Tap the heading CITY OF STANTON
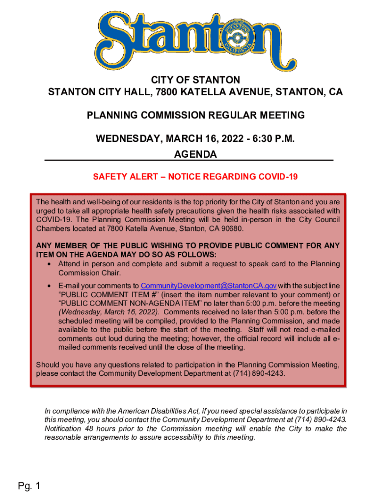[x=189, y=80]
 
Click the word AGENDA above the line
[x=195, y=154]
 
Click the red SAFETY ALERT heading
[x=195, y=177]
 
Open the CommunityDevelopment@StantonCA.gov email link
[x=209, y=286]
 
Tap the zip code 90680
[x=232, y=229]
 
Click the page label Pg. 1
[x=29, y=486]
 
